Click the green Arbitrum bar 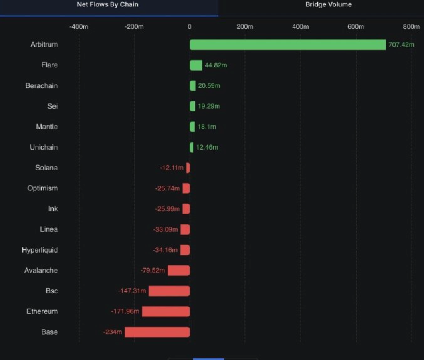click(287, 44)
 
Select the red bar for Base click(157, 332)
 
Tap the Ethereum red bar click(166, 311)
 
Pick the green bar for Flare click(196, 65)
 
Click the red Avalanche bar click(179, 271)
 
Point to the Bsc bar click(169, 291)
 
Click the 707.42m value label click(401, 44)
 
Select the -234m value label click(113, 332)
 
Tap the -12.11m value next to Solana click(171, 168)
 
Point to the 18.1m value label click(207, 127)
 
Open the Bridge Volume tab click(329, 5)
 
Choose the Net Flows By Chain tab click(107, 5)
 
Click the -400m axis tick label click(79, 27)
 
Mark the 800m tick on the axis click(411, 27)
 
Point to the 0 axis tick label click(189, 27)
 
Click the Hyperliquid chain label click(40, 250)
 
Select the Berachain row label click(42, 86)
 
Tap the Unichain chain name click(44, 147)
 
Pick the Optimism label click(42, 188)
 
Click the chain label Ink click(53, 209)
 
